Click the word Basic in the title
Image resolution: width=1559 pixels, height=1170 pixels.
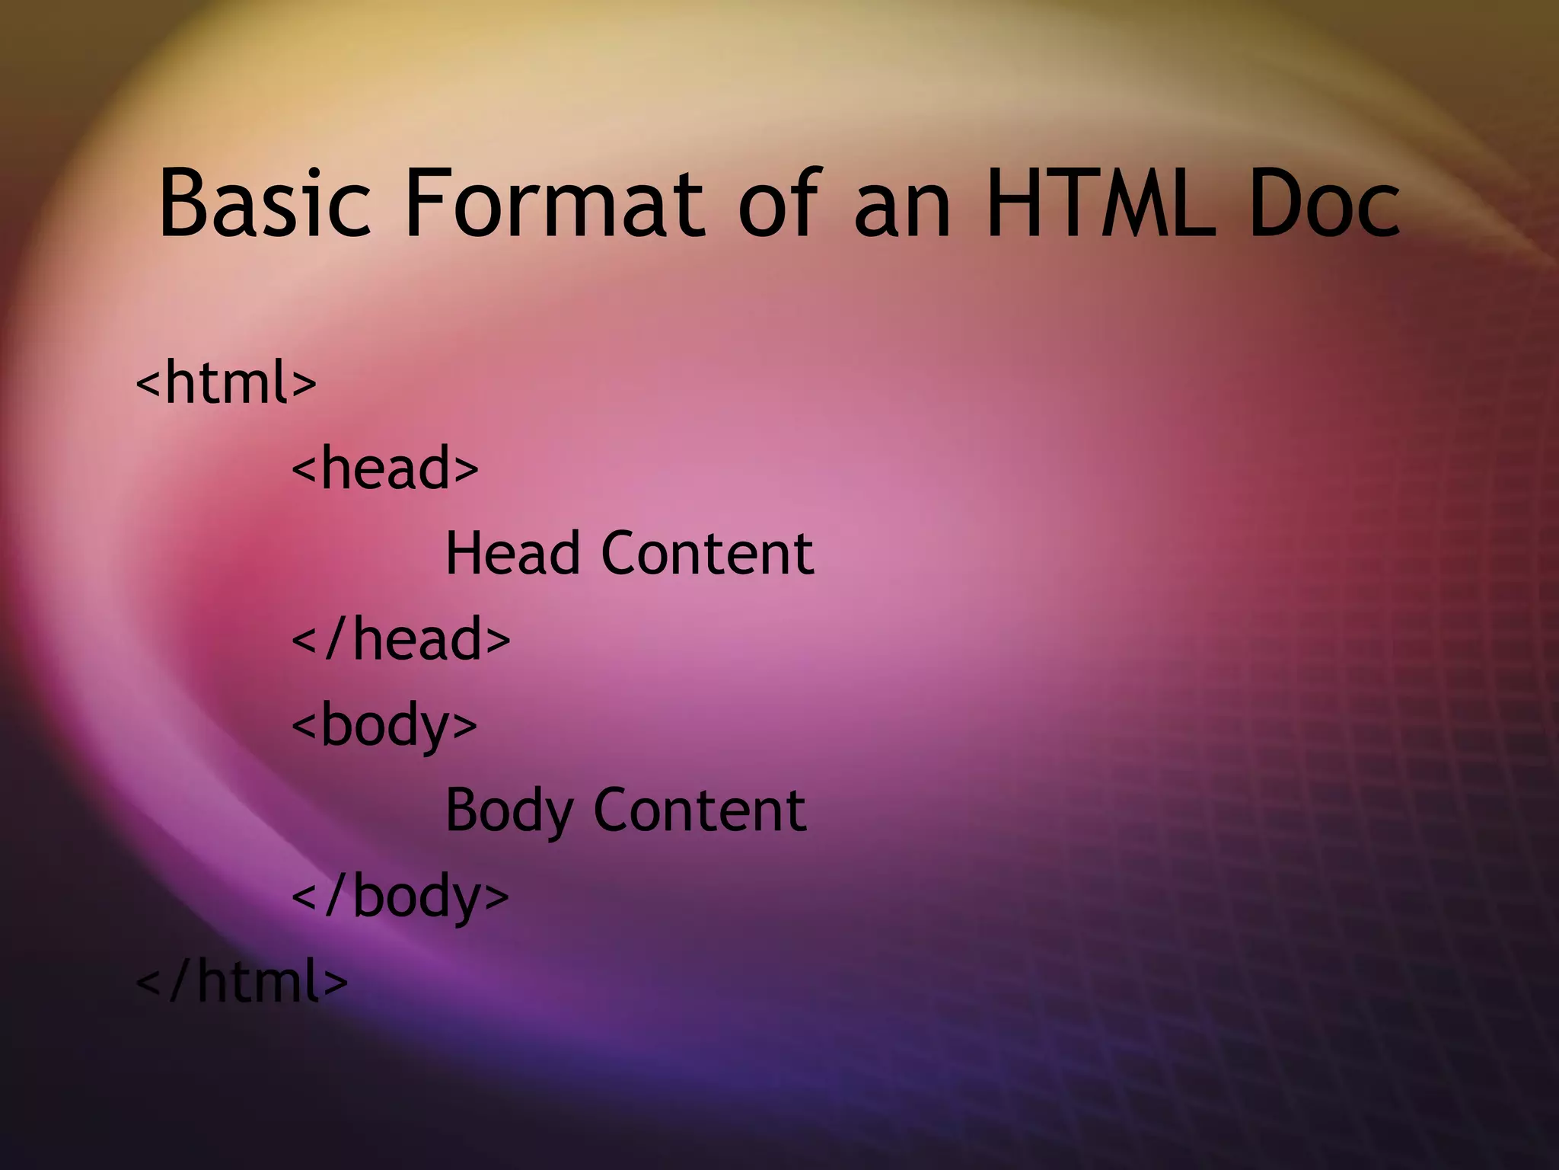pyautogui.click(x=264, y=204)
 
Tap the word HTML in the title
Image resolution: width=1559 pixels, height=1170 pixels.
pyautogui.click(x=1097, y=204)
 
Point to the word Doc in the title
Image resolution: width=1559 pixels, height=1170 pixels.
pyautogui.click(x=1323, y=204)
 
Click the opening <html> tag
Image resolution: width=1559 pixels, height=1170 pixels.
pyautogui.click(x=225, y=382)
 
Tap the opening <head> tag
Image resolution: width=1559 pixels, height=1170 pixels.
pyautogui.click(x=385, y=468)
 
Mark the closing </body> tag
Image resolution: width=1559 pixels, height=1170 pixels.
pyautogui.click(x=400, y=897)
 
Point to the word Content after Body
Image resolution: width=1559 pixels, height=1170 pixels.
pyautogui.click(x=700, y=810)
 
